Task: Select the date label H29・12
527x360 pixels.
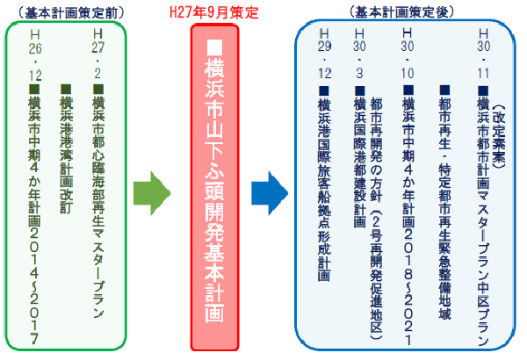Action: tap(322, 54)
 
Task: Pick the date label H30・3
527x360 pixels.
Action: tap(358, 54)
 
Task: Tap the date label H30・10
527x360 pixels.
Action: tap(407, 54)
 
